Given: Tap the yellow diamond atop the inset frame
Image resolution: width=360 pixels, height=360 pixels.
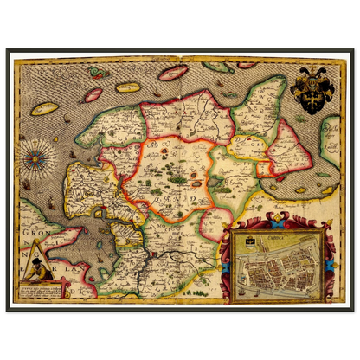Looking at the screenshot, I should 278,222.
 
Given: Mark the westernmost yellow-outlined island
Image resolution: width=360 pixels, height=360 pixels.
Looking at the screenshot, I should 46,109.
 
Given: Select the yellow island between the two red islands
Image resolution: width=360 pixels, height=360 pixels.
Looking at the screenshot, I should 128,87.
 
